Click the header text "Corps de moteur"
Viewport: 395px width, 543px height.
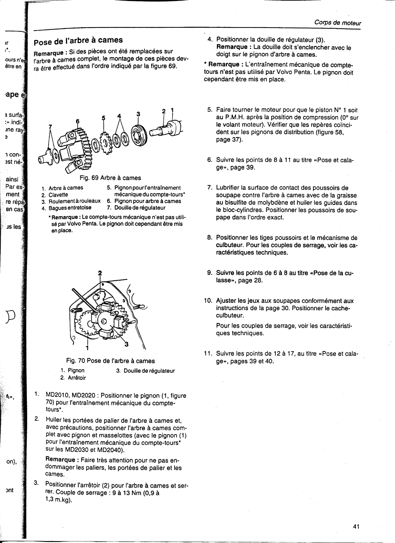[x=338, y=23]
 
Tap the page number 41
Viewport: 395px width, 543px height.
[x=356, y=526]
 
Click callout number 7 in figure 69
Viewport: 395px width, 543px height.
[x=50, y=127]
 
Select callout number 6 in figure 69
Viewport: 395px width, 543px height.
[x=78, y=122]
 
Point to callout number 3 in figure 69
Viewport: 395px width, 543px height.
[x=138, y=114]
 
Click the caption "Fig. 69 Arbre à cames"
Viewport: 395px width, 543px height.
[x=110, y=178]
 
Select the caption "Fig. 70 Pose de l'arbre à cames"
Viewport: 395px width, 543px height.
[x=110, y=361]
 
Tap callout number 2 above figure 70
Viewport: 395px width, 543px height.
[x=100, y=273]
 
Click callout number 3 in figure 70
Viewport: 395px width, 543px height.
[x=126, y=344]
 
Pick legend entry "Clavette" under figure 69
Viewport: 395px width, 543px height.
[x=58, y=195]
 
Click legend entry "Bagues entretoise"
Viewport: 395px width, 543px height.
[x=70, y=208]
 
